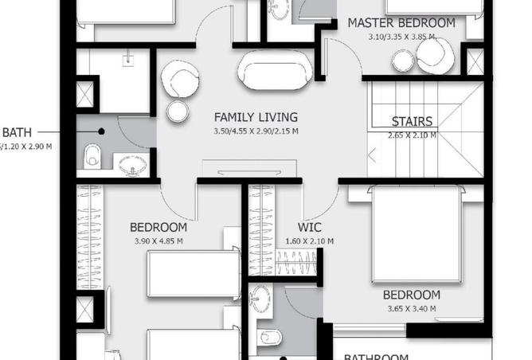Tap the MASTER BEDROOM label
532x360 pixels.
(401, 23)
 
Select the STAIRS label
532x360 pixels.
(412, 122)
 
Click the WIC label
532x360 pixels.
(309, 228)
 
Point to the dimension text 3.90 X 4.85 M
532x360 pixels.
(158, 241)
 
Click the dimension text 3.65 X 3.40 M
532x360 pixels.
(413, 308)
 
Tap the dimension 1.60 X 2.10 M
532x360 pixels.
(309, 241)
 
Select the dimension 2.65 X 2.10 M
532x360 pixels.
(412, 135)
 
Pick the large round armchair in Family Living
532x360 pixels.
(180, 80)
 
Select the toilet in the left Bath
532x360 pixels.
(92, 155)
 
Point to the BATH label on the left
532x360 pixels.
(17, 132)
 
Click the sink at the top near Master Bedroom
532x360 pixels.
(280, 10)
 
